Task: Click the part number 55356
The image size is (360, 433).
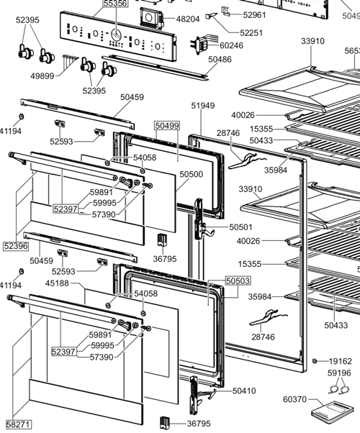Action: tap(115, 4)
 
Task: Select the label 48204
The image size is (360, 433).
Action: tap(188, 19)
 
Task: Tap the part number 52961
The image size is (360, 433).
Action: tap(254, 14)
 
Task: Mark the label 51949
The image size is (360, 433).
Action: tap(203, 106)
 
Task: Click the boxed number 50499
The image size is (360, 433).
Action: tap(167, 125)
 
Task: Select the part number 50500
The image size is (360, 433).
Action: tap(192, 174)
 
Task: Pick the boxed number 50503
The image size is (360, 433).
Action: tap(238, 281)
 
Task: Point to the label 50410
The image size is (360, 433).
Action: tap(244, 391)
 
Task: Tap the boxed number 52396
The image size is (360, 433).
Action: tap(15, 246)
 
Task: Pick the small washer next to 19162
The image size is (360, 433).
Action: tap(315, 360)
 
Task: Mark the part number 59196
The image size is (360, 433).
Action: tap(339, 373)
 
